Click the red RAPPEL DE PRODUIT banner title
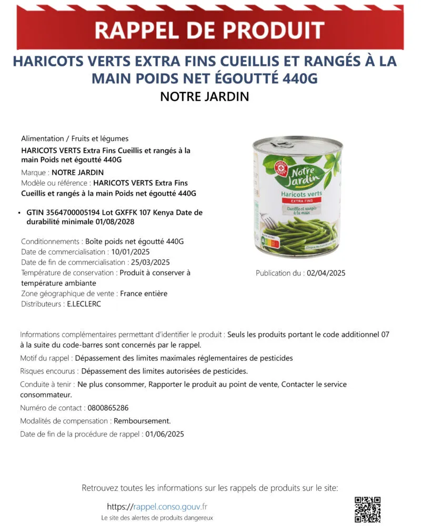(x=209, y=31)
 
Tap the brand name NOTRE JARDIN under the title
(x=205, y=97)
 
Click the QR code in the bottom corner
(x=367, y=509)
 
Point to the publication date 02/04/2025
(x=326, y=273)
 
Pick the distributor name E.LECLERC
(x=84, y=304)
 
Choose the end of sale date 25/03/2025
(x=149, y=262)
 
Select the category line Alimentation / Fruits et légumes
(x=75, y=139)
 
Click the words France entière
(x=144, y=294)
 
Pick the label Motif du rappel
(x=46, y=358)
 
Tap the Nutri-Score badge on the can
(x=270, y=245)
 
